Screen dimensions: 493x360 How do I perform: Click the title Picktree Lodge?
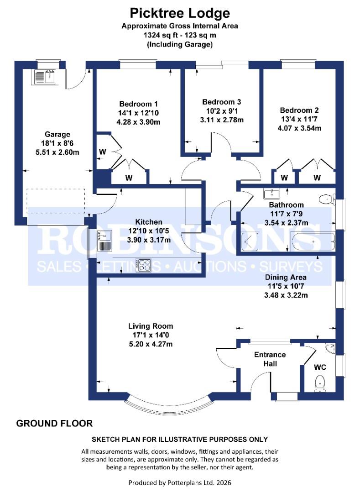pyautogui.click(x=179, y=12)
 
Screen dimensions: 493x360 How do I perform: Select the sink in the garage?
pyautogui.click(x=44, y=76)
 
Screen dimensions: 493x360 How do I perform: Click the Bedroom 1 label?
pyautogui.click(x=132, y=104)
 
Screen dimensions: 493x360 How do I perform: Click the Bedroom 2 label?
pyautogui.click(x=299, y=110)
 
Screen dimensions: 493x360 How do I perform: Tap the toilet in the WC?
pyautogui.click(x=320, y=383)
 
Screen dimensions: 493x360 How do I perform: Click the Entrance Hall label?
pyautogui.click(x=270, y=359)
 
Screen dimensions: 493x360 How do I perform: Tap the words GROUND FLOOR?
pyautogui.click(x=54, y=424)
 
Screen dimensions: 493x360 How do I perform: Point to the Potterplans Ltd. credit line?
pyautogui.click(x=179, y=483)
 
